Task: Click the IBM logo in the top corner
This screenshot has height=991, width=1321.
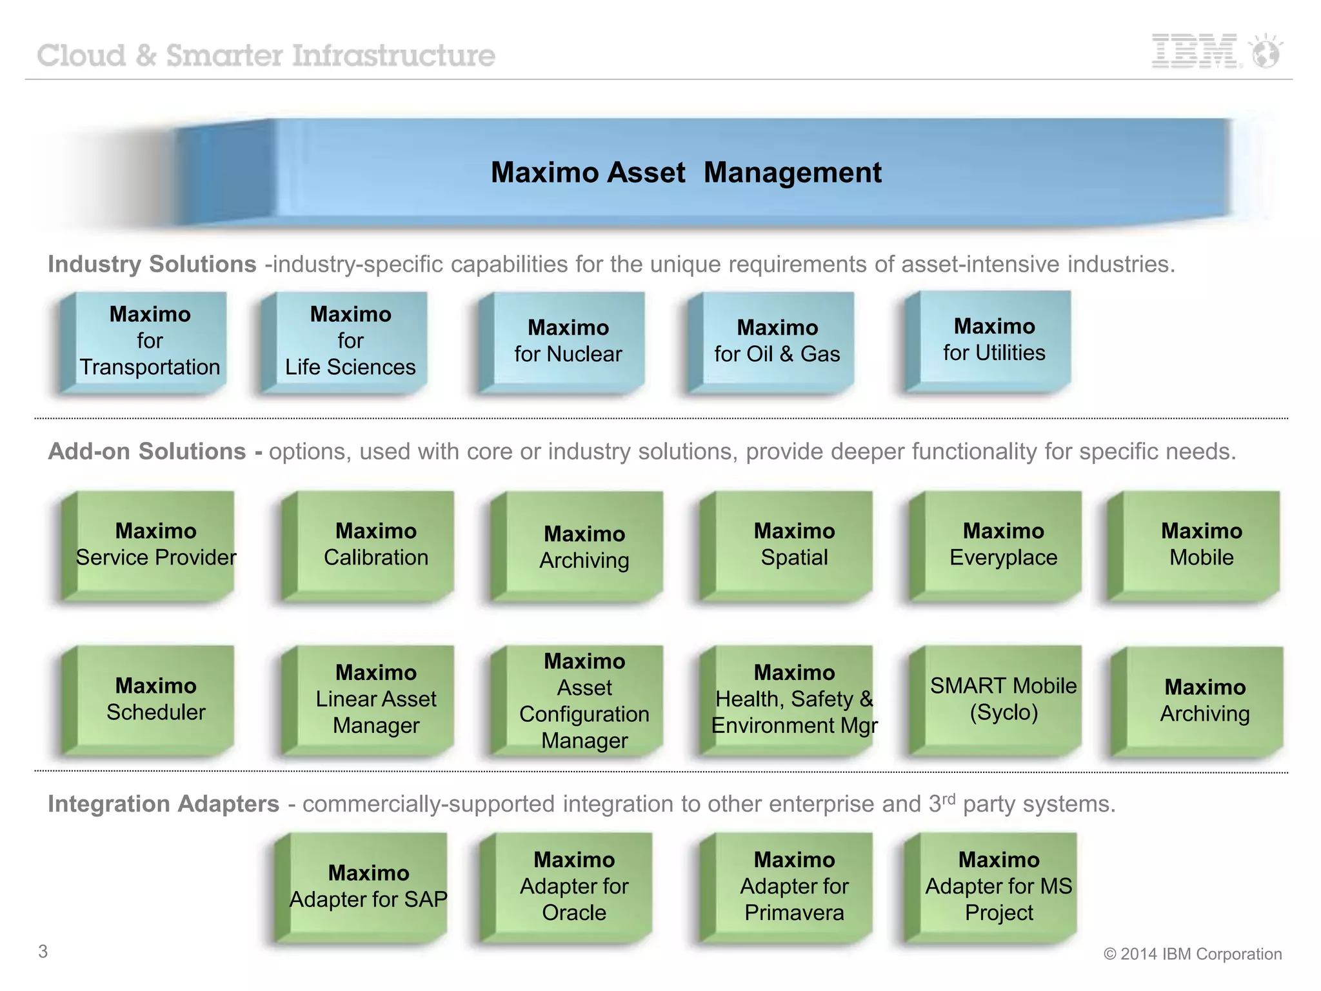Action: point(1195,51)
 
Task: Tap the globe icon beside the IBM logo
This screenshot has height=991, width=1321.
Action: point(1266,52)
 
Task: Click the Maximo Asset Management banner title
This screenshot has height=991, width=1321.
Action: point(686,172)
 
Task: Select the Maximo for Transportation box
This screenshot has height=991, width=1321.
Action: point(150,341)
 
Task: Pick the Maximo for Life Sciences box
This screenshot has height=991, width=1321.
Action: point(350,341)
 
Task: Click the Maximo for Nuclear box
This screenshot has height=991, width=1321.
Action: point(568,341)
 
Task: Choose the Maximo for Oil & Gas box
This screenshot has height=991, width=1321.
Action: point(777,341)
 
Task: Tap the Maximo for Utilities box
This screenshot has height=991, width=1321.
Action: point(994,339)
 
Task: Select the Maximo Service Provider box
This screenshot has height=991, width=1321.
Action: point(155,544)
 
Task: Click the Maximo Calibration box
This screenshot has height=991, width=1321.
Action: point(375,544)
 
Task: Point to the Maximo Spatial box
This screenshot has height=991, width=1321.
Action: point(794,544)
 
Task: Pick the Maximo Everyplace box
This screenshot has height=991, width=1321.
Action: point(1003,544)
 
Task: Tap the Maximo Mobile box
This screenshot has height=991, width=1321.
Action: point(1201,544)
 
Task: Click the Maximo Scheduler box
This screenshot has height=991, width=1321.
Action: point(155,699)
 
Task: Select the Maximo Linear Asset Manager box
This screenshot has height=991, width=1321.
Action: point(375,699)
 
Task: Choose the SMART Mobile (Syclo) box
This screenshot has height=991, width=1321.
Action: point(1003,699)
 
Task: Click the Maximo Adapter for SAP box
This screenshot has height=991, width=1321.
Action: point(368,886)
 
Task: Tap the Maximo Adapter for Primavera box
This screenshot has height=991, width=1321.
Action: point(794,886)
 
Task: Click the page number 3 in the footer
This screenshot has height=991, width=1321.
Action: point(43,951)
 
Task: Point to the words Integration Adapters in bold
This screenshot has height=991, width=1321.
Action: point(163,804)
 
